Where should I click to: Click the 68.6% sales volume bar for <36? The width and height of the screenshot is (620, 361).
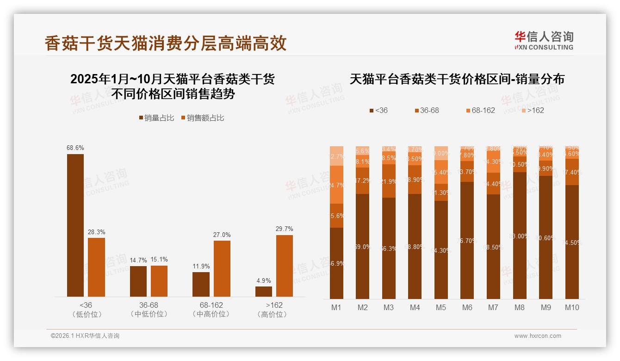tap(75, 225)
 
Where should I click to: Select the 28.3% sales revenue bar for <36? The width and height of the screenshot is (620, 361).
tap(96, 267)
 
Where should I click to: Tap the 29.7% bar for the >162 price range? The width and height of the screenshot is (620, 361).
tap(284, 266)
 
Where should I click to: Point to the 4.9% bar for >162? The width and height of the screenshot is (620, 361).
tap(264, 292)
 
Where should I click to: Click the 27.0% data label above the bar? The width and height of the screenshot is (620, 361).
tap(222, 235)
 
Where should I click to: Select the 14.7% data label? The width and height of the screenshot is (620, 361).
tap(138, 260)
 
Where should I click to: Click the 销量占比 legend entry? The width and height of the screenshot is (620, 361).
tap(156, 118)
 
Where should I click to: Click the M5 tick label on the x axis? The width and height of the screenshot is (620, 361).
tap(441, 307)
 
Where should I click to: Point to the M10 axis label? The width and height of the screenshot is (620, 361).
tap(572, 307)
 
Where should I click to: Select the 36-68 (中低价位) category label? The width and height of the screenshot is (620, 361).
tap(149, 310)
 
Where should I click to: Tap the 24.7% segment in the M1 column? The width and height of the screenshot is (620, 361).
tap(337, 185)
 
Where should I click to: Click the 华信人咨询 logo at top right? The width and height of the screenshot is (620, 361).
tap(544, 40)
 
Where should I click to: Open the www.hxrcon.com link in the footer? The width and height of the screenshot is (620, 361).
tap(538, 336)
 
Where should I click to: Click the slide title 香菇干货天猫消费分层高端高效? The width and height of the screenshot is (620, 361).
tap(166, 43)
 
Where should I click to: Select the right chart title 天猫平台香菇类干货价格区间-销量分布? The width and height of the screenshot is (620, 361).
tap(457, 79)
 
